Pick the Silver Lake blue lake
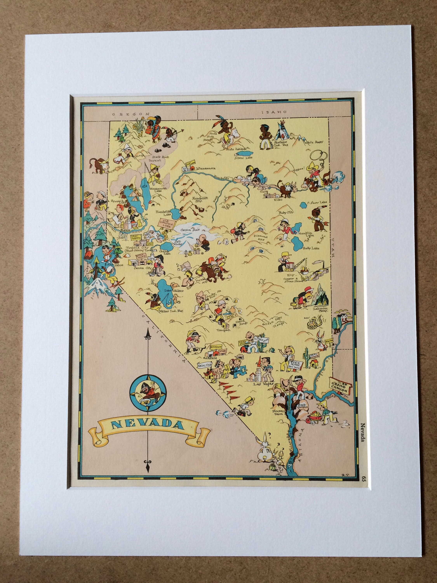(x=243, y=153)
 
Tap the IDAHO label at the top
(x=274, y=112)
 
